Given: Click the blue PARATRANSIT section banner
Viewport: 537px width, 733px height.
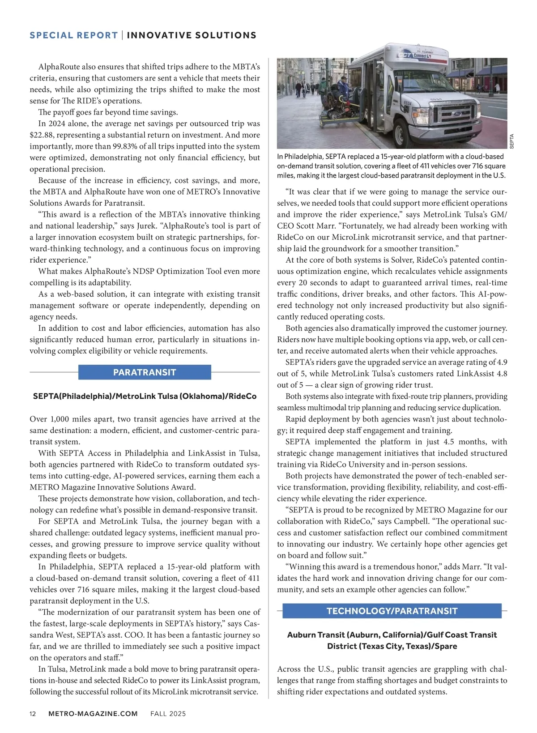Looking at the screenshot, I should tap(145, 372).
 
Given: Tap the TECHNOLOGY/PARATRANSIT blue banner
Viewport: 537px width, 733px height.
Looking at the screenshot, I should tap(392, 611).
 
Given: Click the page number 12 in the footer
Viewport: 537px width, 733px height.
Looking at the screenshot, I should tap(33, 714).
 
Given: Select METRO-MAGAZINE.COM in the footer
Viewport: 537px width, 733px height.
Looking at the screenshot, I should tap(93, 714).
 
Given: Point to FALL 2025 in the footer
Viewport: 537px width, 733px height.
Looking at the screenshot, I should tap(168, 714).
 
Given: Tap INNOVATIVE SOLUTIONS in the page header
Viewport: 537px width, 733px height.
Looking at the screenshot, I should tap(192, 35).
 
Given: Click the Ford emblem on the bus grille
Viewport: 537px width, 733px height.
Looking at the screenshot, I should tap(457, 113).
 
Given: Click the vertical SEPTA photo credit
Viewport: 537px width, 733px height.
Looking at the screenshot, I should tap(512, 141).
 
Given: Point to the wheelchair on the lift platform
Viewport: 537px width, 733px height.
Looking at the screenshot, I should tap(332, 104).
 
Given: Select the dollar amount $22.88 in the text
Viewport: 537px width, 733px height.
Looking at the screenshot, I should tap(42, 135).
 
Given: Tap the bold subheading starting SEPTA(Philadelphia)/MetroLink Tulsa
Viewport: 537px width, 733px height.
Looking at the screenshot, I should tap(145, 396).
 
